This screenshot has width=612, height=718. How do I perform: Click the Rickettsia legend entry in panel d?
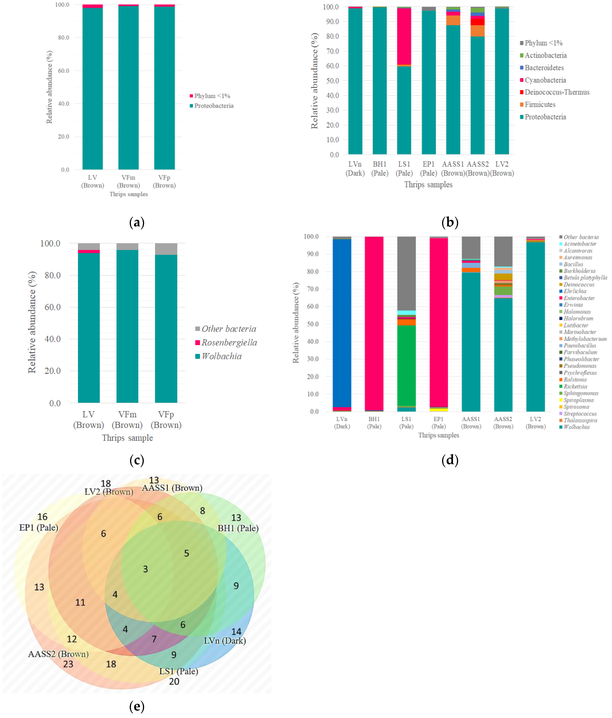575,386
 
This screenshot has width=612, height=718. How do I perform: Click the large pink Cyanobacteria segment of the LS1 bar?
404,36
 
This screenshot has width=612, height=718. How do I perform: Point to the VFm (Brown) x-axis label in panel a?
128,181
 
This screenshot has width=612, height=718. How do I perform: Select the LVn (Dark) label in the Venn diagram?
225,641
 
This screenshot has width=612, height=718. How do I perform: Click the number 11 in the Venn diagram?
80,602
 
